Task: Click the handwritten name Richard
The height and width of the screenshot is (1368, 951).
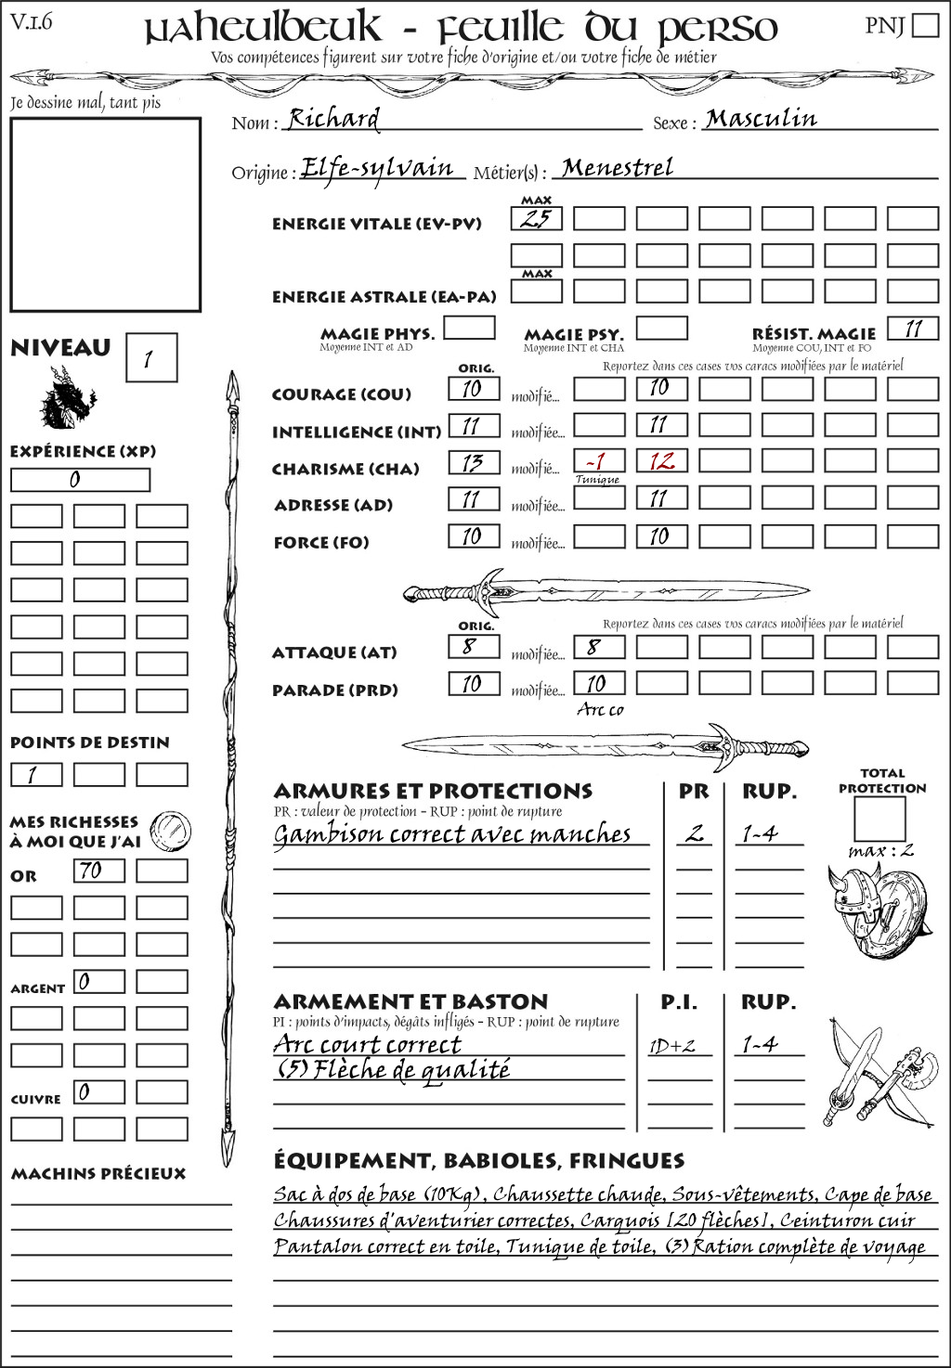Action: [333, 119]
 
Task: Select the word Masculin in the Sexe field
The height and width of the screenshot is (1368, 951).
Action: [761, 119]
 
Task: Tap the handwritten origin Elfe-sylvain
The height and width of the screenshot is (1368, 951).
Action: [377, 169]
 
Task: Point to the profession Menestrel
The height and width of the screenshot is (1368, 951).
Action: [618, 168]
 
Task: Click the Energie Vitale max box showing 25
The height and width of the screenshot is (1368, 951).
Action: [536, 219]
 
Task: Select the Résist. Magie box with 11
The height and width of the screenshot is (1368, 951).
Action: [913, 329]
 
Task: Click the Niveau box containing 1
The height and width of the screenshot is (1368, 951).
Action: [150, 358]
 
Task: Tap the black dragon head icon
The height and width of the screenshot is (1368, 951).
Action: [67, 398]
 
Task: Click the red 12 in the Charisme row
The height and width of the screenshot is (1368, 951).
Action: [661, 461]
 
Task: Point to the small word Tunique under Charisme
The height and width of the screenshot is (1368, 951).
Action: [597, 480]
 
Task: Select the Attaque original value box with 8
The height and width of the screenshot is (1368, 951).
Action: [473, 646]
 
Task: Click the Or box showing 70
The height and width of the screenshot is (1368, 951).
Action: [98, 871]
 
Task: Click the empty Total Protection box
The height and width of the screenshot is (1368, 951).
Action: [879, 819]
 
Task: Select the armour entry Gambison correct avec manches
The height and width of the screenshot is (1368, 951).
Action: [452, 834]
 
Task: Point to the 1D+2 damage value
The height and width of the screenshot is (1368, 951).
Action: [671, 1046]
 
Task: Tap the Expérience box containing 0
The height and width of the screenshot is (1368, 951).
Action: [80, 480]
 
